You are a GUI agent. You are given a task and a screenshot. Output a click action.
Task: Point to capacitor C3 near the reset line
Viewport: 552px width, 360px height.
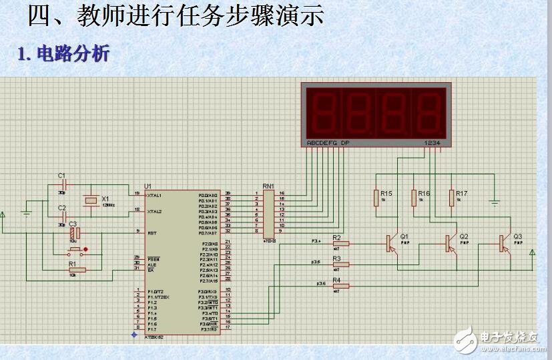tap(75, 233)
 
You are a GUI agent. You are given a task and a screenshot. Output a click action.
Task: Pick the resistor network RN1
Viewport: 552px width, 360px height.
tap(268, 211)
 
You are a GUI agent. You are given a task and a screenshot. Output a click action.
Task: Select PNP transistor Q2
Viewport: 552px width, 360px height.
tap(449, 244)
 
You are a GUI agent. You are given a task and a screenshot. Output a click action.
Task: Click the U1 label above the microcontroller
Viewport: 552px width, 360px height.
tap(148, 186)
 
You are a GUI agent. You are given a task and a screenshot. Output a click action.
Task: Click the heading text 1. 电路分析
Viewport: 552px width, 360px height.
tap(63, 53)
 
